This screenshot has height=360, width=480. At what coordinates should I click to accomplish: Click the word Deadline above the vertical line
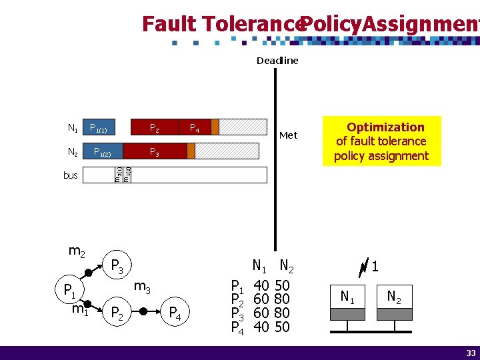pos(277,61)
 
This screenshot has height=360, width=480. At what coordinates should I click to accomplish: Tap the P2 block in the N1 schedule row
pos(154,127)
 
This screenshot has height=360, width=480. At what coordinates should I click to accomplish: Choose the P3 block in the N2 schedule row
pos(154,152)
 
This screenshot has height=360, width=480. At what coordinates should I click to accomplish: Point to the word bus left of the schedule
pos(70,175)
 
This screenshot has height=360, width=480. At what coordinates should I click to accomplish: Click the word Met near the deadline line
pos(288,135)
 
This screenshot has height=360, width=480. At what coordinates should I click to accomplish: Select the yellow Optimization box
pos(381,141)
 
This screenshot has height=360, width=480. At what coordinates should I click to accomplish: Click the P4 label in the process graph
pos(175,312)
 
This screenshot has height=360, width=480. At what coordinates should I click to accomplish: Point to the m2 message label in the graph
pos(77,251)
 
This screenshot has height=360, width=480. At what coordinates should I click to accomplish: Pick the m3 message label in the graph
pos(142,287)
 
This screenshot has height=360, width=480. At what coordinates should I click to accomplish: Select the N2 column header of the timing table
pos(287,266)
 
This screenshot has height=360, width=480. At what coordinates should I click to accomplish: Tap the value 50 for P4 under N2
pos(281,327)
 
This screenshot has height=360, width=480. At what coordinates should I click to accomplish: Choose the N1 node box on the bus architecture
pos(347,297)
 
